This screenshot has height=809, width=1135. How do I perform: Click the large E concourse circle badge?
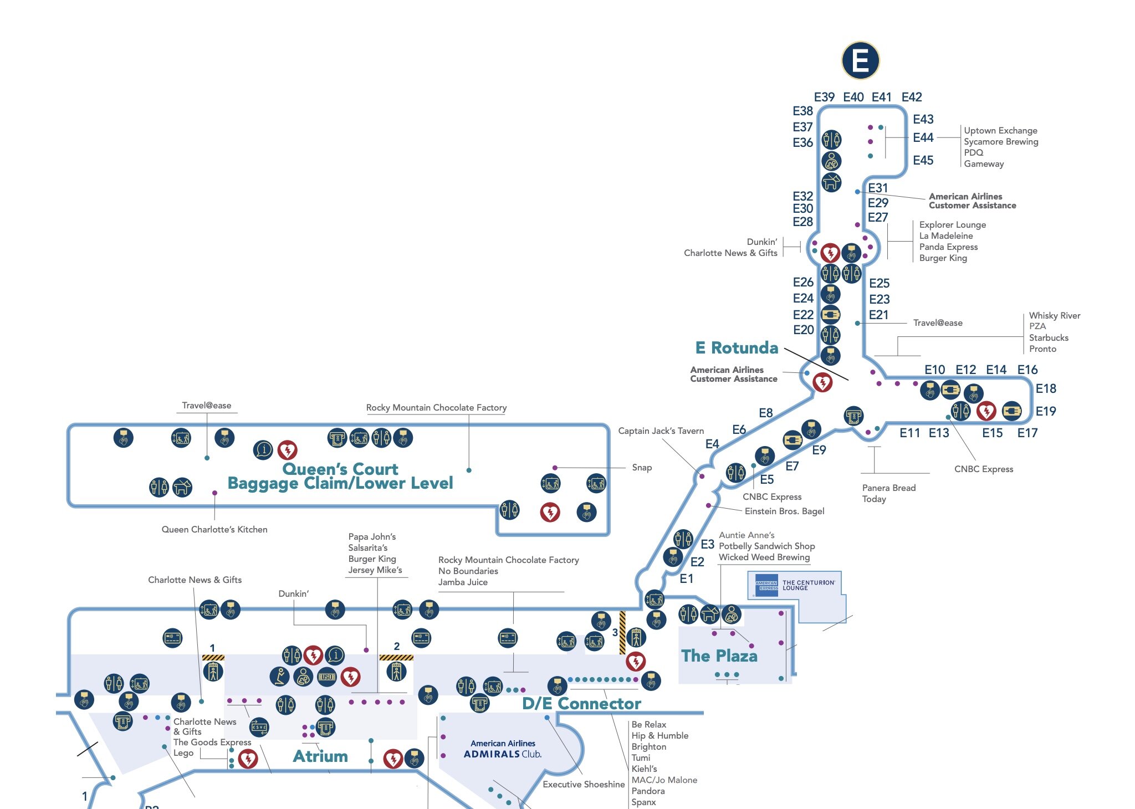tap(860, 60)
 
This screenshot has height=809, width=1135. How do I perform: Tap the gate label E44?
tap(923, 137)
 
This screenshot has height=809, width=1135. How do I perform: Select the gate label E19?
tap(1046, 411)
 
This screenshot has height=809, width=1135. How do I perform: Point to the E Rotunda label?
tap(737, 348)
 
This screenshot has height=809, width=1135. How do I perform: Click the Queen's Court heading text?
tap(340, 469)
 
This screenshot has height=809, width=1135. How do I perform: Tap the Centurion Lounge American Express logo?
tap(767, 585)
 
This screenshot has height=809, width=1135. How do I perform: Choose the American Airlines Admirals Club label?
tap(503, 749)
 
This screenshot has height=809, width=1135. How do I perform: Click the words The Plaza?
tap(719, 656)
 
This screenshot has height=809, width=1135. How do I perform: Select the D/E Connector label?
tap(581, 704)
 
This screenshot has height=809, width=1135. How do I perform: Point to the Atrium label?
tap(320, 756)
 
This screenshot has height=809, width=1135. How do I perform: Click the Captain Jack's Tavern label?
tap(661, 431)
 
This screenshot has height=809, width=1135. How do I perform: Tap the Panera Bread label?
tap(889, 488)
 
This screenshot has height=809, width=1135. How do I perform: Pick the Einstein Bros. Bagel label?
tap(784, 511)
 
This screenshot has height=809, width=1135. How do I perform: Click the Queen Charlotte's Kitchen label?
tap(214, 529)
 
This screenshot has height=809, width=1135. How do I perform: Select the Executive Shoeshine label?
tap(584, 784)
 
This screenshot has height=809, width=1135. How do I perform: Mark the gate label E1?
tap(686, 578)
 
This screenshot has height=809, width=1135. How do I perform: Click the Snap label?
tap(642, 467)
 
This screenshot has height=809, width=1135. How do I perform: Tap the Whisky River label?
tap(1054, 315)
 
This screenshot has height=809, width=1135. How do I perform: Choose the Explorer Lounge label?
tap(952, 224)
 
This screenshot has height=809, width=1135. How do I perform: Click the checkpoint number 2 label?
tap(397, 646)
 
